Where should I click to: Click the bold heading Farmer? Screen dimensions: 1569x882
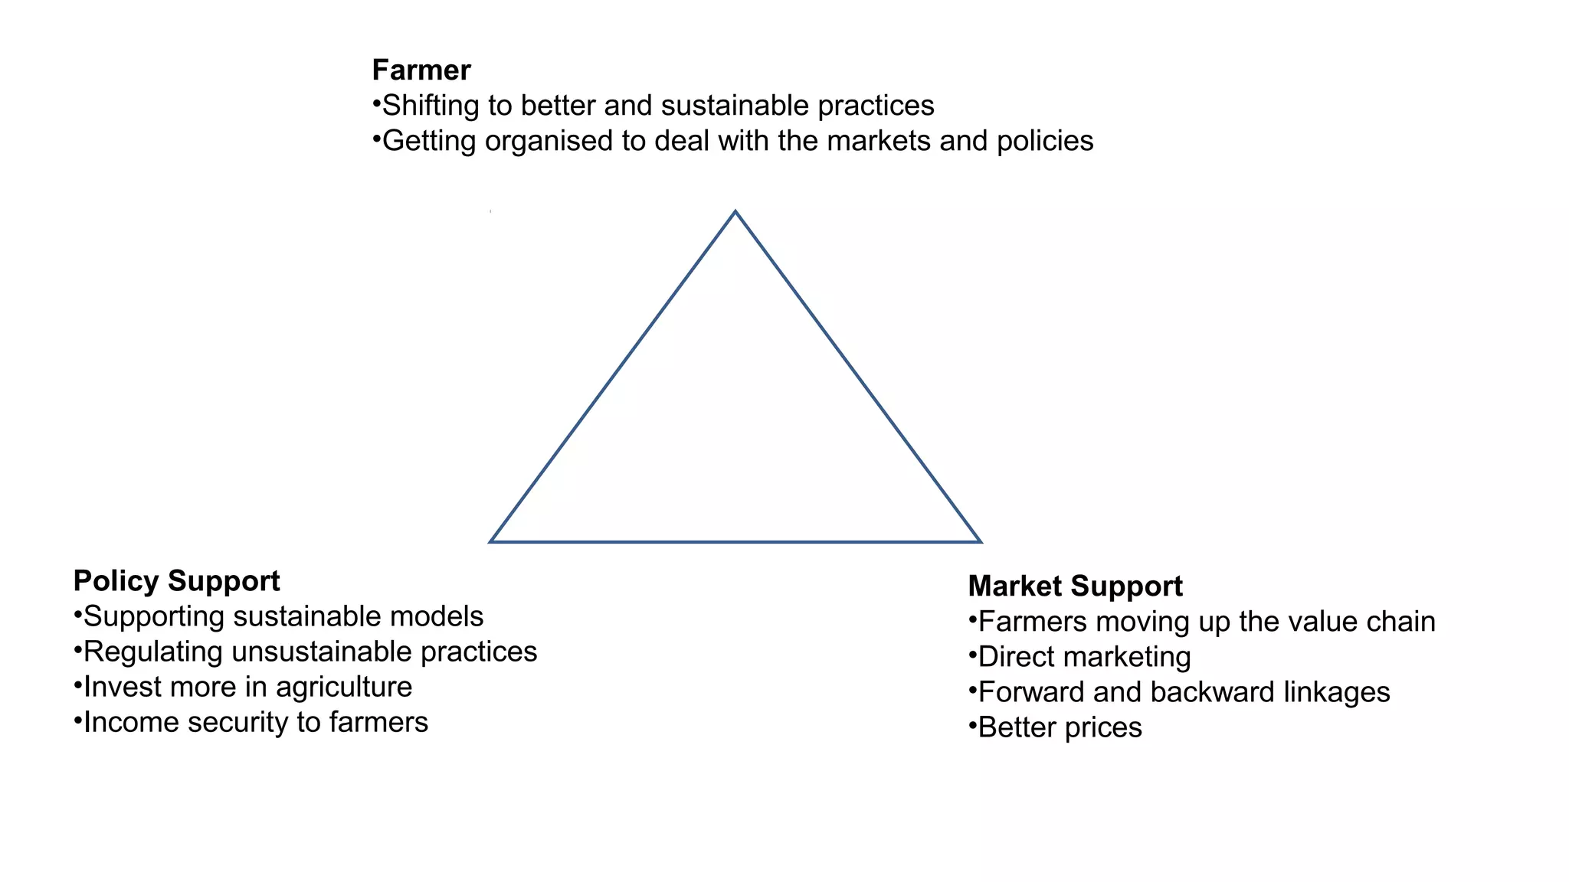click(x=421, y=70)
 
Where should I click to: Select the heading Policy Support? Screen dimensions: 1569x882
click(x=176, y=581)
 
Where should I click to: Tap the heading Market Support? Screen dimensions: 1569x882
click(x=1075, y=586)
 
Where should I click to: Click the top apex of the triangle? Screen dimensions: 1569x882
click(x=735, y=212)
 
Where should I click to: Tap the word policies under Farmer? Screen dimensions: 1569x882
click(x=1045, y=141)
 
